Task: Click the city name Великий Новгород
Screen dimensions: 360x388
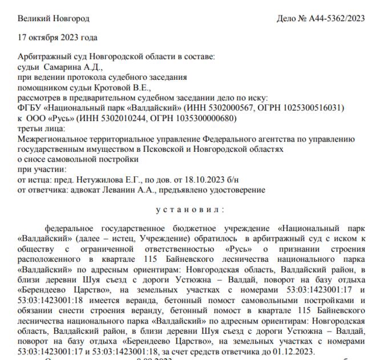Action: click(54, 18)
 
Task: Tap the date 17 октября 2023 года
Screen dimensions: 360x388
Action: click(57, 38)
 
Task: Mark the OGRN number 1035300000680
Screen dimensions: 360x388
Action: click(204, 118)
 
